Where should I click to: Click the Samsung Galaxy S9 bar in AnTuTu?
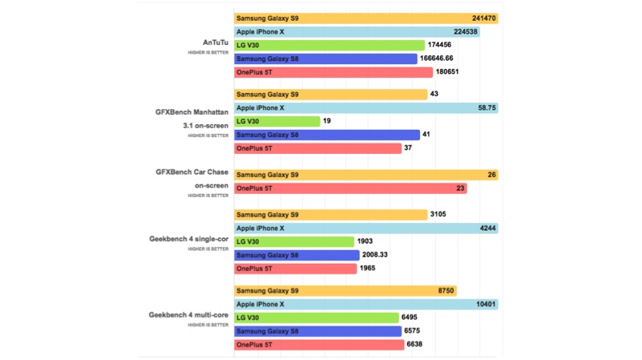click(365, 18)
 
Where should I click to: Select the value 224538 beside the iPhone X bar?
click(466, 31)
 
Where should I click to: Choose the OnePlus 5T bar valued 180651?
click(333, 72)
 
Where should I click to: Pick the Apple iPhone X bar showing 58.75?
click(365, 107)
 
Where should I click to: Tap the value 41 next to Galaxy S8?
click(427, 135)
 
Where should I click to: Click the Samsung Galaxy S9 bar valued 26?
click(365, 175)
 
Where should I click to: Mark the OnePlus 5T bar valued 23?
click(350, 188)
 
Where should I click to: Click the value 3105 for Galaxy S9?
click(443, 215)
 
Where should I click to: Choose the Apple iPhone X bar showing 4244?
click(365, 229)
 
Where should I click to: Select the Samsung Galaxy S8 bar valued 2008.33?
click(297, 255)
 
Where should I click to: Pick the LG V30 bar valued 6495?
click(317, 318)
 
